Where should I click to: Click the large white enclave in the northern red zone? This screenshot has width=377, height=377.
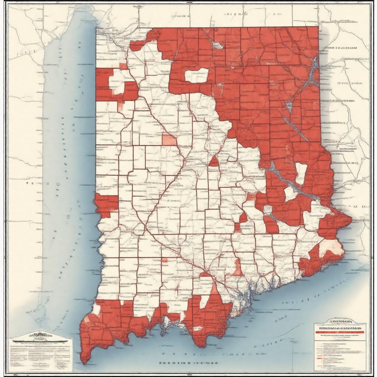[197, 75]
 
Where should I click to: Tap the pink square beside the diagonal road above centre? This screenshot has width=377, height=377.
[169, 140]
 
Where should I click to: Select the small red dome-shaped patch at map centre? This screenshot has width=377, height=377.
[214, 162]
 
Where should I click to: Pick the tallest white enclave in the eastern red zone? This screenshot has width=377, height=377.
[301, 173]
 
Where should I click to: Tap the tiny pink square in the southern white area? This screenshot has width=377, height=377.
[164, 260]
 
